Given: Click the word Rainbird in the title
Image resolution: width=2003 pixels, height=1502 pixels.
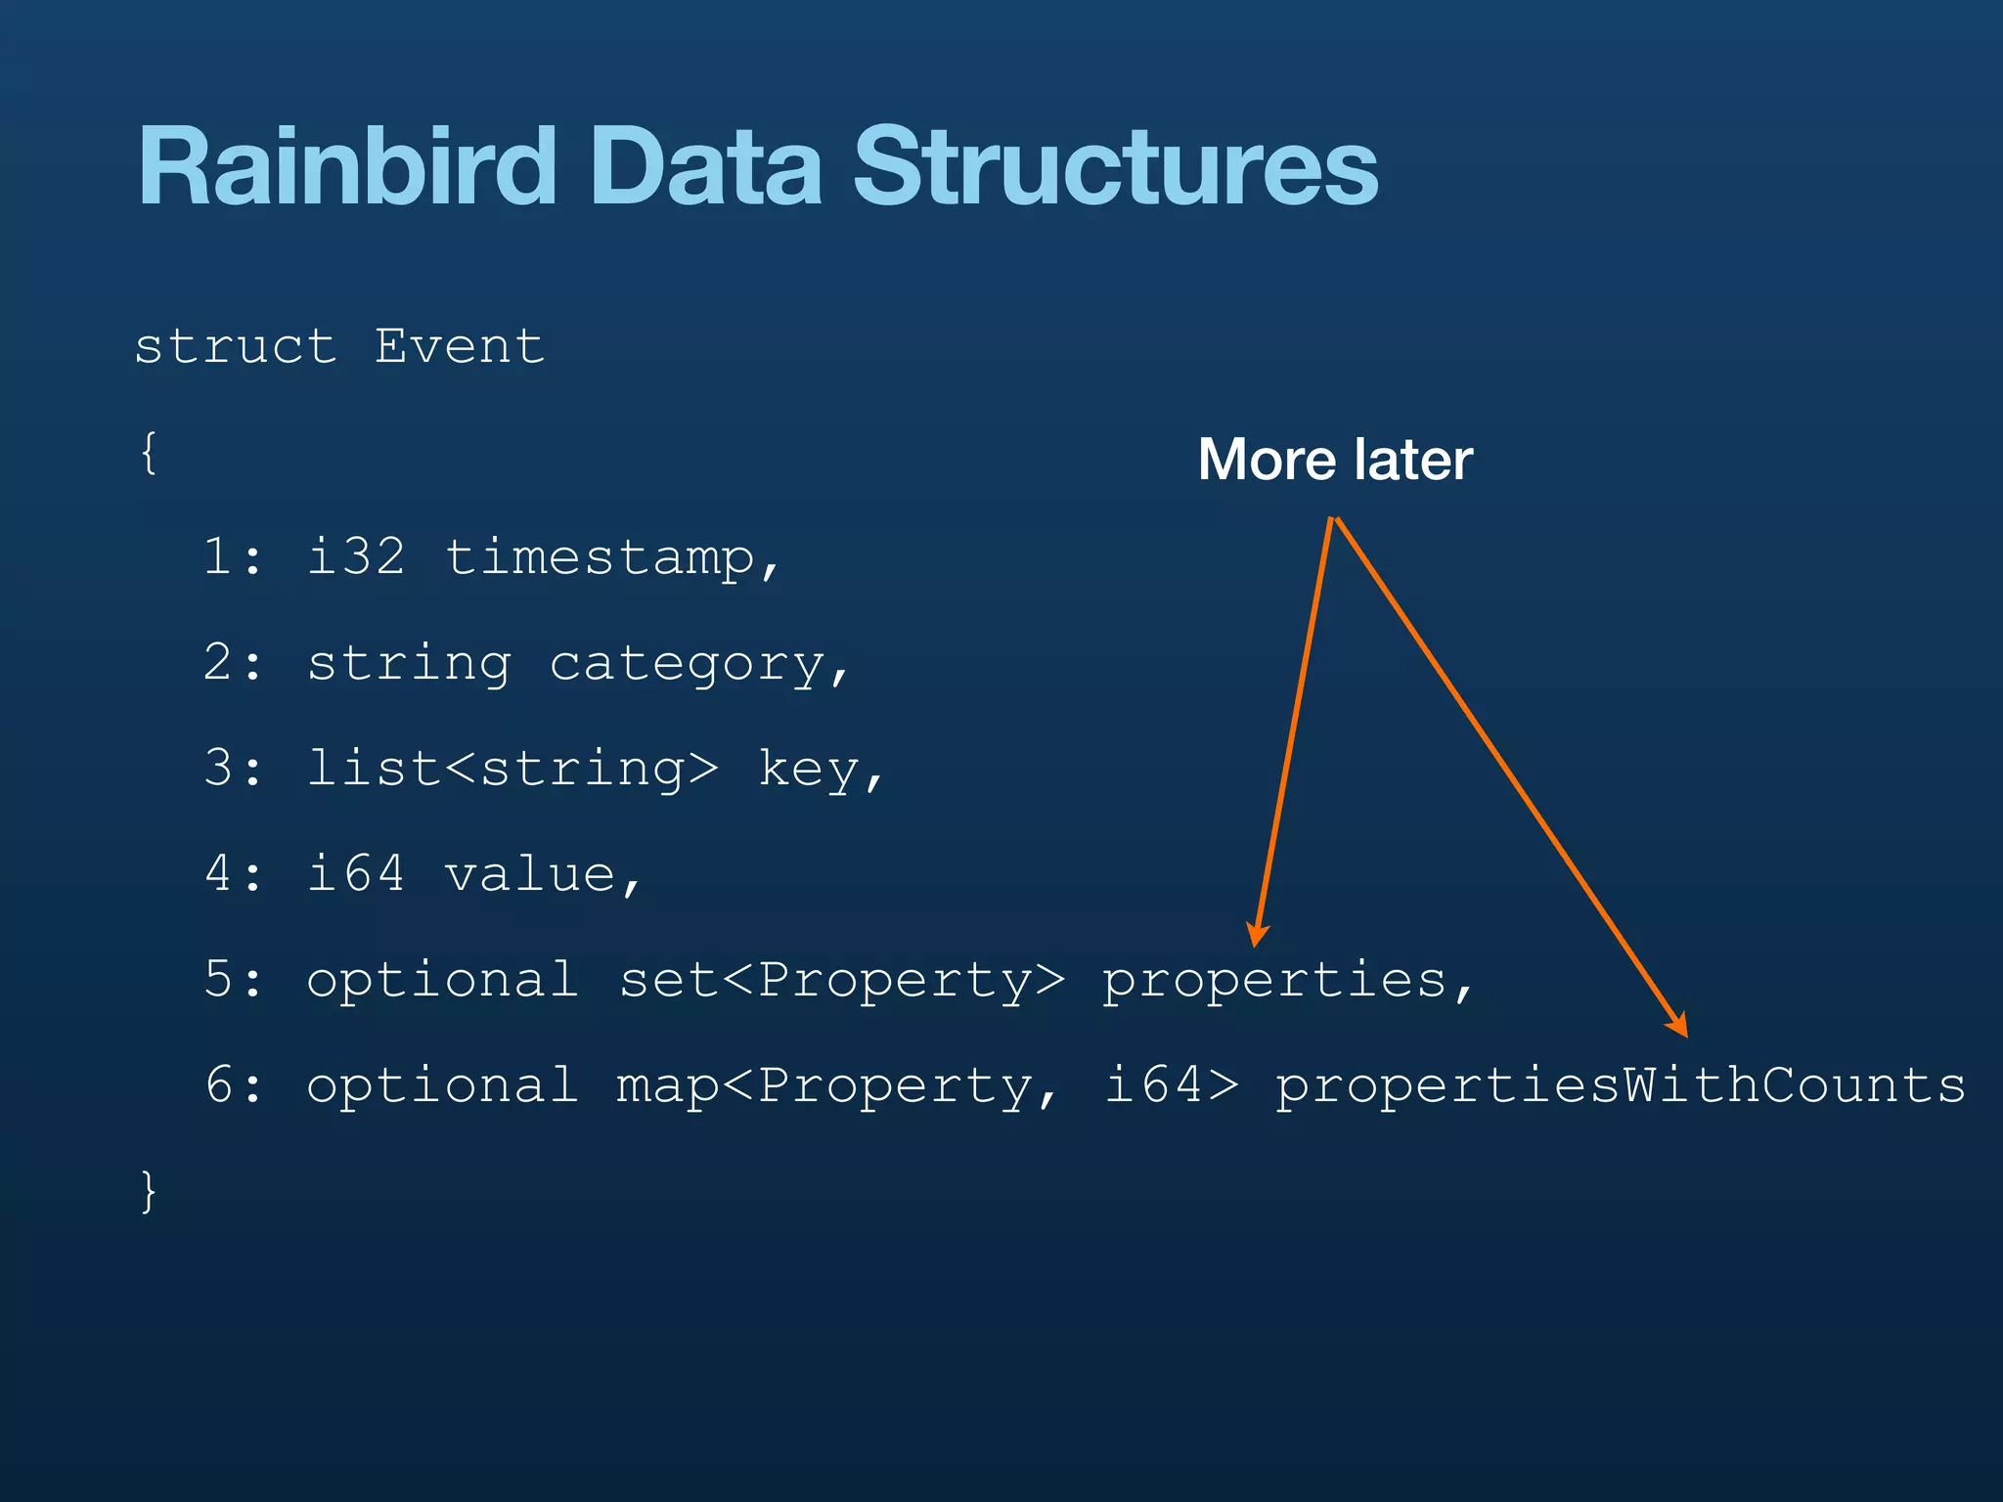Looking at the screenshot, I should (x=347, y=167).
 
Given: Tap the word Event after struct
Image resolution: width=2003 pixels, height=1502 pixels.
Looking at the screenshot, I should (x=460, y=346).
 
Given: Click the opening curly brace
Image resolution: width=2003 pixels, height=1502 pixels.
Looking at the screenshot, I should (x=149, y=453).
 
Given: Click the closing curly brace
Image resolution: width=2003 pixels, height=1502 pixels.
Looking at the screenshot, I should (x=149, y=1190).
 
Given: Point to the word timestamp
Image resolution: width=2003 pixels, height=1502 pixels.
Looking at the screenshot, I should (x=600, y=558).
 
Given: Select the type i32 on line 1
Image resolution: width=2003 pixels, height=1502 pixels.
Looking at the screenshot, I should (x=356, y=557).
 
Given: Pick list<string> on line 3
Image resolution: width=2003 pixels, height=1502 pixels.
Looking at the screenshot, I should (x=512, y=769).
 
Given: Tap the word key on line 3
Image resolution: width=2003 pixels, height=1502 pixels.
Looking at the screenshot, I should (x=809, y=769).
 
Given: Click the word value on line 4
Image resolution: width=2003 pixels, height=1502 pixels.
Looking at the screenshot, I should (x=530, y=874).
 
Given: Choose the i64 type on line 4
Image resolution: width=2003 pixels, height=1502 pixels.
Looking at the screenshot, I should (x=356, y=874).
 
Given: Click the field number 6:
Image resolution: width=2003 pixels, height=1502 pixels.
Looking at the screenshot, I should (x=234, y=1085).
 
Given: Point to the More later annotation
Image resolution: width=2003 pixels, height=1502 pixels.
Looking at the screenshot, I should (x=1335, y=460).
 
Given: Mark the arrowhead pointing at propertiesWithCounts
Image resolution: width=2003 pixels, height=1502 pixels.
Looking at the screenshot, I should (x=1679, y=1026).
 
